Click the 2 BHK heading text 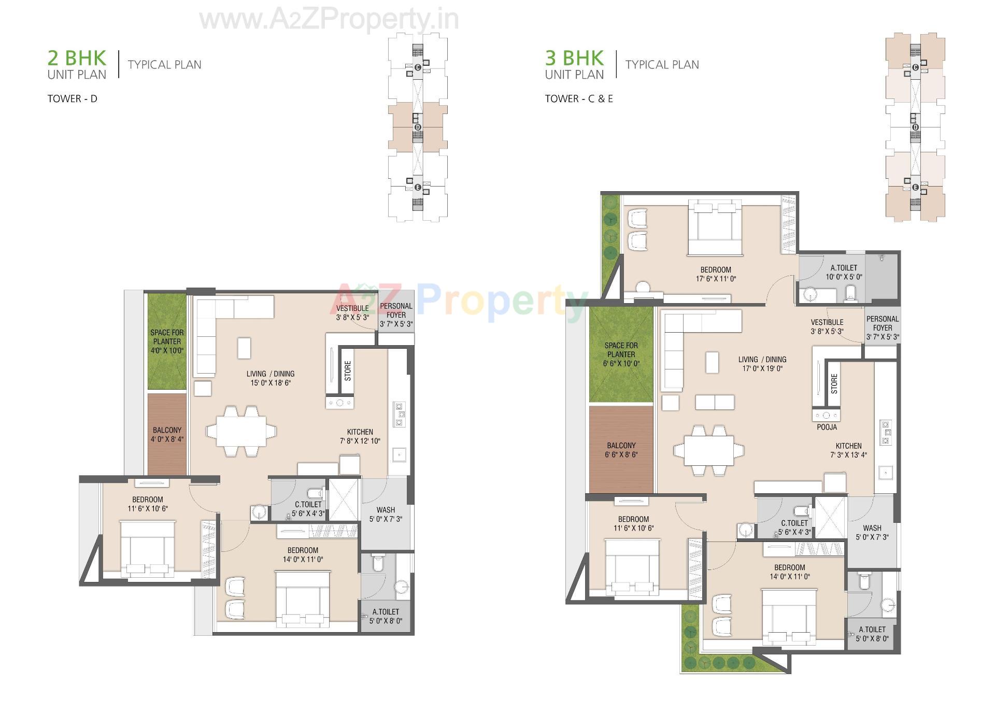[x=77, y=58]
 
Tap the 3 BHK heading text [x=574, y=58]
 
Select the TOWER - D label [x=72, y=98]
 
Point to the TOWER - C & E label [x=578, y=98]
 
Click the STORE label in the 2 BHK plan [x=348, y=371]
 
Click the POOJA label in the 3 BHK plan [x=827, y=427]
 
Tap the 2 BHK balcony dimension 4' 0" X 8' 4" [x=167, y=439]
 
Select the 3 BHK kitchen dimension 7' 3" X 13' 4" [x=848, y=455]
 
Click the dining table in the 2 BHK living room [x=241, y=431]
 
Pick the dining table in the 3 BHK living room [x=708, y=450]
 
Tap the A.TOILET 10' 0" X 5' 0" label [x=844, y=272]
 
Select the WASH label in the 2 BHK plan [x=386, y=510]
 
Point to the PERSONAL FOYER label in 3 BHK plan [x=883, y=323]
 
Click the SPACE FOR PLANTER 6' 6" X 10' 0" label [x=621, y=354]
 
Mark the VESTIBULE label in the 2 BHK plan [x=352, y=308]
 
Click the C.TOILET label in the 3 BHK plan [x=794, y=523]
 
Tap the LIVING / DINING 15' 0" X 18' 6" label [x=270, y=378]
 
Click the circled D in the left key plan [x=418, y=127]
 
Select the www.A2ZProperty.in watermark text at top [x=329, y=20]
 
